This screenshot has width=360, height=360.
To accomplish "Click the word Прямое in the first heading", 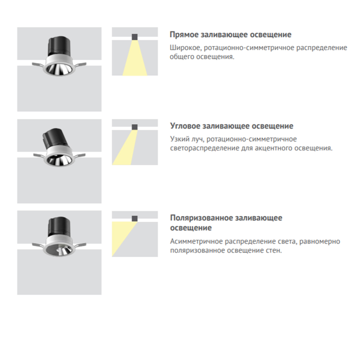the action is point(184,35).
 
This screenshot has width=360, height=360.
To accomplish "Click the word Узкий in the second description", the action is point(180,139).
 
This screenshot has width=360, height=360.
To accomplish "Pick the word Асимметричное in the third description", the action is point(196,242).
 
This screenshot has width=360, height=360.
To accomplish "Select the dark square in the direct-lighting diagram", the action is point(135,37).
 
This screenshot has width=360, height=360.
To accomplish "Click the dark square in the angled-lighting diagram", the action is point(135,127).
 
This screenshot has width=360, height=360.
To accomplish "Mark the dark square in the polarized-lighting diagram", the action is point(135,219).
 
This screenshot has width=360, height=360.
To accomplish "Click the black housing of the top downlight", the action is point(59,46).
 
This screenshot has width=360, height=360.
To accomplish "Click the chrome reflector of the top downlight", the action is point(59,69).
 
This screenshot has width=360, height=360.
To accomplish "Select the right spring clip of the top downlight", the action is point(80,65).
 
